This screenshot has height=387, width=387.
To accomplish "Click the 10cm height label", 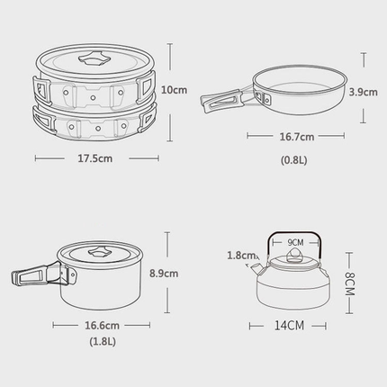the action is (x=174, y=90).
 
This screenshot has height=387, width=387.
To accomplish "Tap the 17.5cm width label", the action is (x=95, y=158).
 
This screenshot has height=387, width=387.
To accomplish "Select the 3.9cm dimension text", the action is (x=363, y=92).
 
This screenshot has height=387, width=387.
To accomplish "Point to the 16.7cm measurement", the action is (x=297, y=137).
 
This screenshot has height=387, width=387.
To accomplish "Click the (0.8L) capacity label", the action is (x=294, y=160).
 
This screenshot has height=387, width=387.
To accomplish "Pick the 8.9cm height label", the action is (x=164, y=274).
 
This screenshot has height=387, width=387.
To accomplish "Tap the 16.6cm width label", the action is (x=102, y=326).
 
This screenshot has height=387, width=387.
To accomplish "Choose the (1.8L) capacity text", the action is (x=103, y=341).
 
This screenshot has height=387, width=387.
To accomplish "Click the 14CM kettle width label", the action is (x=289, y=326).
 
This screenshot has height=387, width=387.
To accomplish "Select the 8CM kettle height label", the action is (x=350, y=283).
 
